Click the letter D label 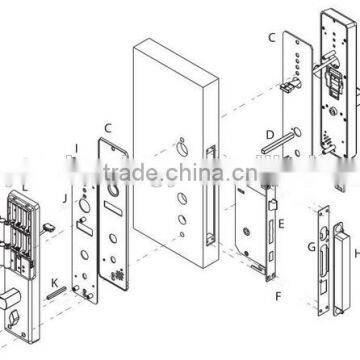[x=269, y=133]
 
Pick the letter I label [x=75, y=150]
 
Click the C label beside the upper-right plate [x=271, y=39]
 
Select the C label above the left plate [x=107, y=128]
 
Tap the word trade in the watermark [x=164, y=180]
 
